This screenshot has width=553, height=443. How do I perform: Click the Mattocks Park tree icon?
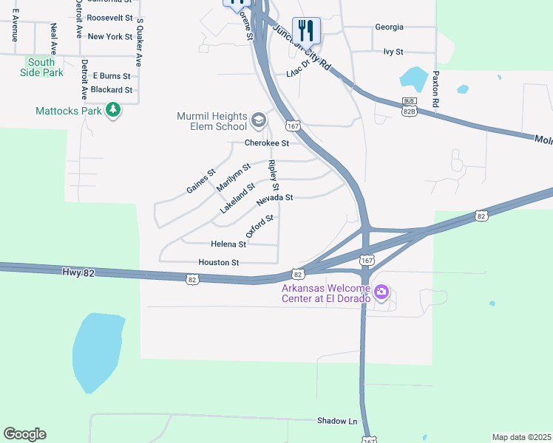pos(113,111)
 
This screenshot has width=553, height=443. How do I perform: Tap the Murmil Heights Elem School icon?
pos(259,120)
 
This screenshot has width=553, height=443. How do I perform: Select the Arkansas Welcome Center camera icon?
pos(381,292)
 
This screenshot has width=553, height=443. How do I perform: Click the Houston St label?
pos(218,262)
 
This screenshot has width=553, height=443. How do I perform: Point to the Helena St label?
pos(228,244)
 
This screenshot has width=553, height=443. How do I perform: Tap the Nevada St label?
pos(275,198)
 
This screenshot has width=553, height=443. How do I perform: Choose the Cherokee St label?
pos(266,143)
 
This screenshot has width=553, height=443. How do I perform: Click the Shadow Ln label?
pos(337,421)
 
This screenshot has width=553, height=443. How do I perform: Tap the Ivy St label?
pos(393,52)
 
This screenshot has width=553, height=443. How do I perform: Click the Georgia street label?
pos(389,27)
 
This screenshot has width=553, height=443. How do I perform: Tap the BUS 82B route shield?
pos(410,106)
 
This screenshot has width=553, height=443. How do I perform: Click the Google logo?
pos(24,434)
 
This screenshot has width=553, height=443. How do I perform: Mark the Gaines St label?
pos(200,181)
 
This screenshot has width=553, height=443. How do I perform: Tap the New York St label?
pos(109,36)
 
